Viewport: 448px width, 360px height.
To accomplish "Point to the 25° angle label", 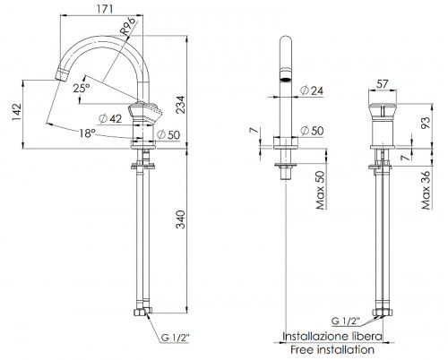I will pos(82,89).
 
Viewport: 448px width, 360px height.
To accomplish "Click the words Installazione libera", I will pos(332,336).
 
